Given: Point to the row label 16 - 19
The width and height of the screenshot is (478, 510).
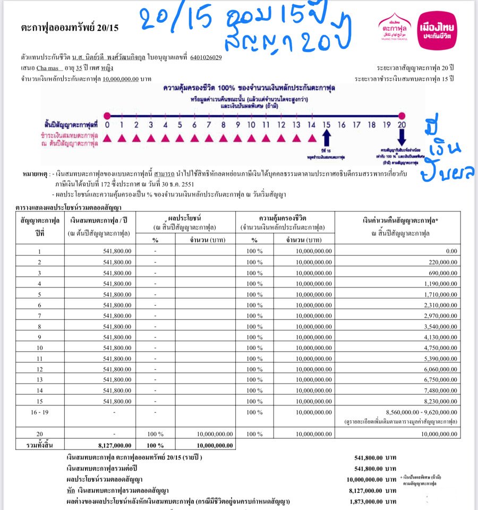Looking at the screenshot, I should pos(37,412).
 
